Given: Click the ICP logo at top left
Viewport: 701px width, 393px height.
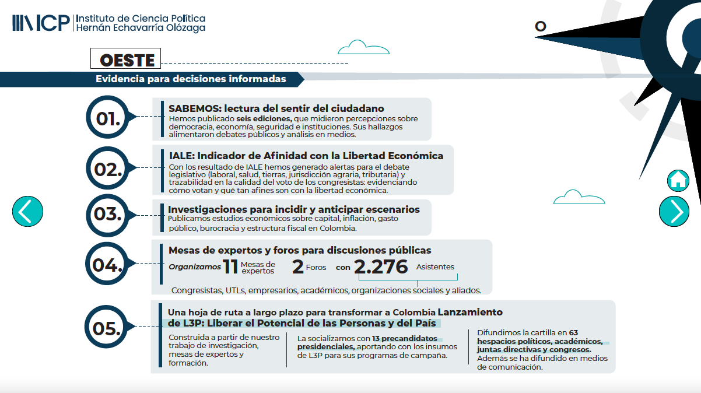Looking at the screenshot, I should point(41,23).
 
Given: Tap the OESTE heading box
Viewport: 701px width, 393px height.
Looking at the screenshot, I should point(125,59).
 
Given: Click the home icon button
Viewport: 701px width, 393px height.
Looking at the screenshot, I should point(678,181).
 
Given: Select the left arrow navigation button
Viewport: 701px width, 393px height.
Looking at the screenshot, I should point(27,211).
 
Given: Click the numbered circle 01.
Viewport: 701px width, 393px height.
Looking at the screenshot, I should point(108,118).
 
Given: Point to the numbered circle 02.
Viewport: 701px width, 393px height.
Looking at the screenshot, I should point(108,170).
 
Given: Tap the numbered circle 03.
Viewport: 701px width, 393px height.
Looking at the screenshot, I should point(108,214).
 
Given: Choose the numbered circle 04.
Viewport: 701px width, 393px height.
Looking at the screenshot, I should point(108,265).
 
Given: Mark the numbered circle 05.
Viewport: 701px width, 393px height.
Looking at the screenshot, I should point(108,328).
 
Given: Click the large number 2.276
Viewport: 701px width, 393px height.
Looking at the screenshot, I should point(381,267).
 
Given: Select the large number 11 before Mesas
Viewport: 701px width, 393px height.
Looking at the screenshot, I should point(231,267).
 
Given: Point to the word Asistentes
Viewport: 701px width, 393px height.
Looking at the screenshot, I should point(435,267).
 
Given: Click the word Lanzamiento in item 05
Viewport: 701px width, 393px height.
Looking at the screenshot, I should point(470,312).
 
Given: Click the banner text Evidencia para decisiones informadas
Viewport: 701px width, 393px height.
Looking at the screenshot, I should point(191,79).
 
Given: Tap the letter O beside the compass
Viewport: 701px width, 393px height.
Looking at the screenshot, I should point(541,26).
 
